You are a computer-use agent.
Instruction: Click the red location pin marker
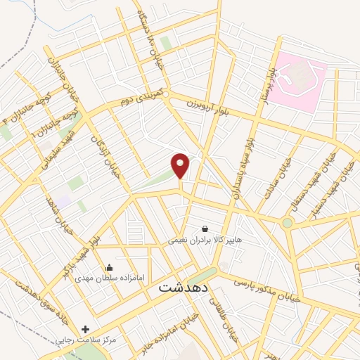tap(181, 165)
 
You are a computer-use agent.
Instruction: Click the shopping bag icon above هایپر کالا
tap(205, 229)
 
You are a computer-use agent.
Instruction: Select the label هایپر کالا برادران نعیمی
tap(205, 240)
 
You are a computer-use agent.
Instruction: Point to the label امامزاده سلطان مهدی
tap(110, 277)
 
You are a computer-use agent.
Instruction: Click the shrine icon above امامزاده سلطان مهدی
tap(110, 266)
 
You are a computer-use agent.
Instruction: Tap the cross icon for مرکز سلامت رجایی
tap(86, 328)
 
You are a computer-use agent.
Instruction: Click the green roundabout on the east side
tap(288, 223)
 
